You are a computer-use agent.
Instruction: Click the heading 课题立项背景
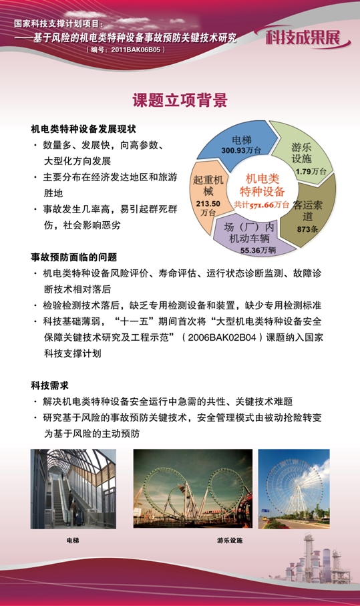180,101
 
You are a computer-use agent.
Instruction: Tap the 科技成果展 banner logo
307,37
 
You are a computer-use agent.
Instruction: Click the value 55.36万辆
258,250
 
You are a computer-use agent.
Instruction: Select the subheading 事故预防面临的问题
73,257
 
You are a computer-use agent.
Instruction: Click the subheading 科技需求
49,385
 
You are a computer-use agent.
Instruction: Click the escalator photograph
73,489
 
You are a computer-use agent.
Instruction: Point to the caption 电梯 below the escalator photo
73,539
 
